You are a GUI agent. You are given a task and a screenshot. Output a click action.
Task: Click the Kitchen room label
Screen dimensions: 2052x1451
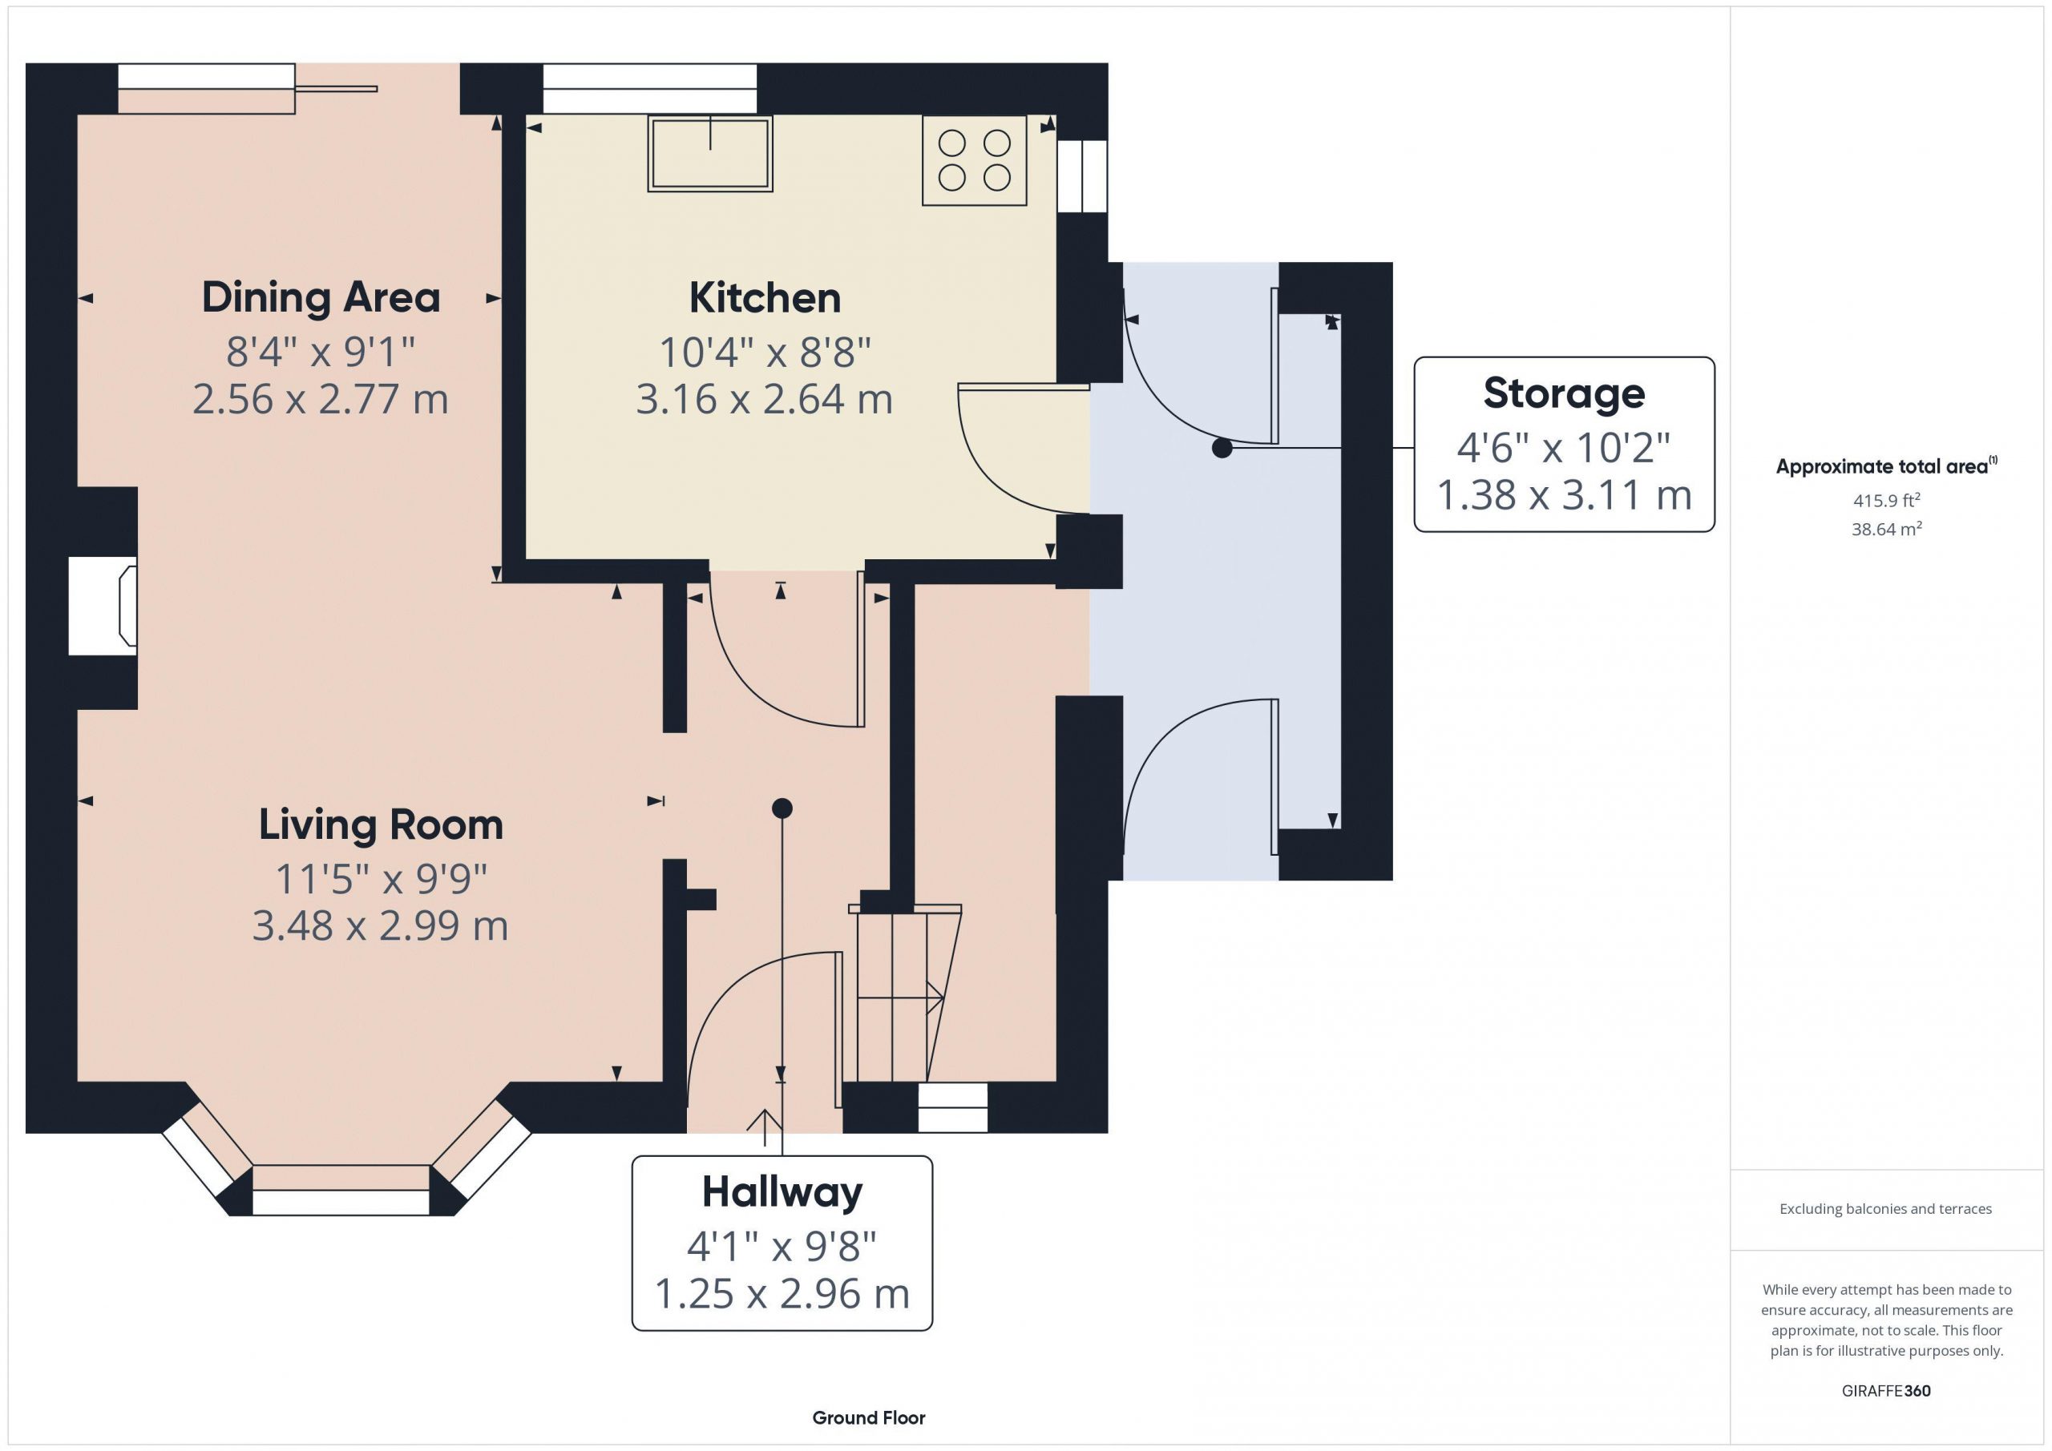pyautogui.click(x=765, y=297)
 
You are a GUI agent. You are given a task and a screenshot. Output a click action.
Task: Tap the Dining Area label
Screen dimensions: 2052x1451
pyautogui.click(x=321, y=297)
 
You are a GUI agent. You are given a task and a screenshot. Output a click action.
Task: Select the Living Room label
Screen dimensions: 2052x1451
pyautogui.click(x=381, y=824)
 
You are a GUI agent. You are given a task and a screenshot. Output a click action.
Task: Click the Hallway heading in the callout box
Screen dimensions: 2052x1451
pyautogui.click(x=782, y=1192)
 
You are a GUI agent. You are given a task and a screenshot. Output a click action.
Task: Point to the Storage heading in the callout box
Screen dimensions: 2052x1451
pyautogui.click(x=1564, y=393)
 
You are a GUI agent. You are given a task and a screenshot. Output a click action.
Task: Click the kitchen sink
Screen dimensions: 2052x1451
pyautogui.click(x=710, y=153)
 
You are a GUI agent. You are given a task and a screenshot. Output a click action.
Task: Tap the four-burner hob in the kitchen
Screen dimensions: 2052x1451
pyautogui.click(x=974, y=160)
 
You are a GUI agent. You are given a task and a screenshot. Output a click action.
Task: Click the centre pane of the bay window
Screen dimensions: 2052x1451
pyautogui.click(x=341, y=1190)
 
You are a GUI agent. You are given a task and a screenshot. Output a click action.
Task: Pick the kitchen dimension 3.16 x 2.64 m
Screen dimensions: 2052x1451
pyautogui.click(x=764, y=398)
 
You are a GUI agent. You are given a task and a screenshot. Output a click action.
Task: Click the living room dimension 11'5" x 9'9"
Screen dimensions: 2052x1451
pyautogui.click(x=381, y=878)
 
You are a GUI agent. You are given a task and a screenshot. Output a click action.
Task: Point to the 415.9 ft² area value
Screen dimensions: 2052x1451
pyautogui.click(x=1887, y=500)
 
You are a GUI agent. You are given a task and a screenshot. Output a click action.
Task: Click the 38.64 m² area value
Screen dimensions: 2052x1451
pyautogui.click(x=1887, y=529)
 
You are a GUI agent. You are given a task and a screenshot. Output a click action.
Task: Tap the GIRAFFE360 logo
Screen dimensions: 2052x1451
pyautogui.click(x=1886, y=1391)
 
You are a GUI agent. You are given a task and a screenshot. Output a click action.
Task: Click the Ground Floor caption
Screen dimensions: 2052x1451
pyautogui.click(x=869, y=1418)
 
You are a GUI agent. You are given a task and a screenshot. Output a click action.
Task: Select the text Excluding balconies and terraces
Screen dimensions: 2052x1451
pyautogui.click(x=1886, y=1209)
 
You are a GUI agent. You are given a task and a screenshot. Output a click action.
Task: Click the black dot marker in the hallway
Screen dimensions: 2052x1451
pyautogui.click(x=782, y=808)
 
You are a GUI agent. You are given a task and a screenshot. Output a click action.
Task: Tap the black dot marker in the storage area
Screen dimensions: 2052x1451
pyautogui.click(x=1222, y=448)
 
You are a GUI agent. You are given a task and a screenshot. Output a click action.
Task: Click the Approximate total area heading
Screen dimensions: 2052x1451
pyautogui.click(x=1886, y=466)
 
